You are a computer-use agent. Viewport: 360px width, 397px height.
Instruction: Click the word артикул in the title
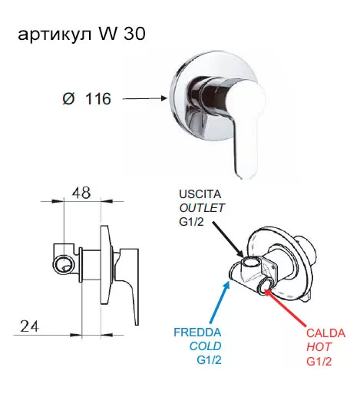(x=54, y=35)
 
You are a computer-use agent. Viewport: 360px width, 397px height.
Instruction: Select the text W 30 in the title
(x=121, y=33)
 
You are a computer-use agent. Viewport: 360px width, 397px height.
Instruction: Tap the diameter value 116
(x=98, y=99)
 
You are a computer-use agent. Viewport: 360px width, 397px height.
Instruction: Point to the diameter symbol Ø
(x=68, y=99)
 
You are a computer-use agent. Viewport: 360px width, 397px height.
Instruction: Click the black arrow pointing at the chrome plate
(x=145, y=98)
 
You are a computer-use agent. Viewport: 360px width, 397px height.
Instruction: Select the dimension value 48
(x=81, y=193)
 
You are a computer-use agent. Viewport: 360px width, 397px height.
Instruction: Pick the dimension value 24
(x=30, y=326)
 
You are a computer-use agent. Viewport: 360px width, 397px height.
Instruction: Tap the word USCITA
(x=200, y=194)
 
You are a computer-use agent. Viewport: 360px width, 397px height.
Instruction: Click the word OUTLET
(x=202, y=208)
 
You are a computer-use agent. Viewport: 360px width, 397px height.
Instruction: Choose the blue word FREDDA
(x=197, y=332)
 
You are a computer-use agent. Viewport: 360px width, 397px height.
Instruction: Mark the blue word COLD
(x=205, y=346)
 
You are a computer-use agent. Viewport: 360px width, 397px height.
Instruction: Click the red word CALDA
(x=325, y=333)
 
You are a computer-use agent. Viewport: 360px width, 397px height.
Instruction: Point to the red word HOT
(x=319, y=347)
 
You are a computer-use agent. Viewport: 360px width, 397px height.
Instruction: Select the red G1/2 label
(x=319, y=361)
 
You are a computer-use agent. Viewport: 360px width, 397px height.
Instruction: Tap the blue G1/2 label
(x=209, y=360)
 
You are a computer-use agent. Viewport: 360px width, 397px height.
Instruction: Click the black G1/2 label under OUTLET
(x=192, y=222)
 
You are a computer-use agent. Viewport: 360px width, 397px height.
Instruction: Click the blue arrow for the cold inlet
(x=220, y=302)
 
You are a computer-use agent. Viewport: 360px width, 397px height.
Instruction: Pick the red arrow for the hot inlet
(x=285, y=309)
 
